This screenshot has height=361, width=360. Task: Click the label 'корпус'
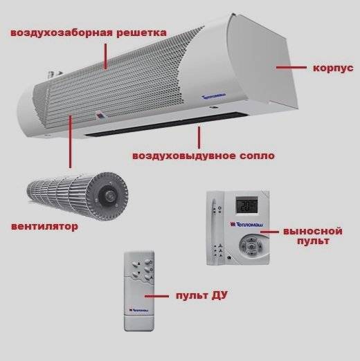pyautogui.click(x=333, y=68)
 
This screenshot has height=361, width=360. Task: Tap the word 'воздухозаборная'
pyautogui.click(x=62, y=33)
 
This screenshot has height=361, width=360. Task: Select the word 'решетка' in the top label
pyautogui.click(x=141, y=33)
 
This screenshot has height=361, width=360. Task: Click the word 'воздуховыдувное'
pyautogui.click(x=184, y=156)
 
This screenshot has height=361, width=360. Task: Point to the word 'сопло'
pyautogui.click(x=257, y=156)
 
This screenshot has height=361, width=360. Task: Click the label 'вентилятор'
pyautogui.click(x=44, y=226)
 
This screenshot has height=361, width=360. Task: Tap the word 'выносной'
pyautogui.click(x=313, y=231)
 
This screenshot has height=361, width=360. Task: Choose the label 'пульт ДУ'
pyautogui.click(x=201, y=295)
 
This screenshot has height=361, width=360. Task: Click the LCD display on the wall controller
pyautogui.click(x=246, y=205)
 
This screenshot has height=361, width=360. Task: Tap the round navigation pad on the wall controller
pyautogui.click(x=251, y=246)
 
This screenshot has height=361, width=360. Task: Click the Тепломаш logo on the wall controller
pyautogui.click(x=246, y=224)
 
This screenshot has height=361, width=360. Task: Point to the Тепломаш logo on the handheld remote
pyautogui.click(x=139, y=311)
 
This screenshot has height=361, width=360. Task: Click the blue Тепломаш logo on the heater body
pyautogui.click(x=214, y=96)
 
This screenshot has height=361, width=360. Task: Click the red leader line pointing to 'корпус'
pyautogui.click(x=291, y=68)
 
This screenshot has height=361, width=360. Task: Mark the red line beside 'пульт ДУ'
pyautogui.click(x=156, y=296)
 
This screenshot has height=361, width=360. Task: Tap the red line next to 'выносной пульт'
pyautogui.click(x=269, y=232)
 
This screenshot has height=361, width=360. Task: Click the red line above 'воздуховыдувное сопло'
pyautogui.click(x=199, y=137)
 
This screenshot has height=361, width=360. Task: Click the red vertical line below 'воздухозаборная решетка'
pyautogui.click(x=105, y=56)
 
